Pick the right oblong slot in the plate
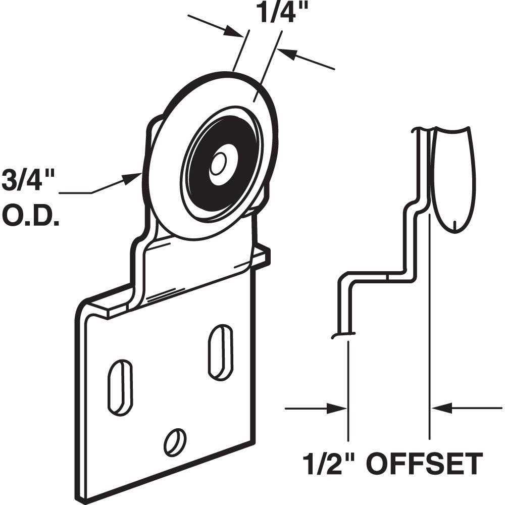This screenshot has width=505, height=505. [221, 352]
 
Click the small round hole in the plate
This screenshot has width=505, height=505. [175, 441]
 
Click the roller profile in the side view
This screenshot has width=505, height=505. [452, 177]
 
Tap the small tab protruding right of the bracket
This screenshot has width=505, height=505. [263, 255]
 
